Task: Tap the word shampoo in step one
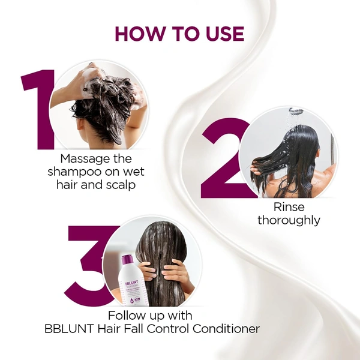(73, 172)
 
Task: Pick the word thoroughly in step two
(289, 221)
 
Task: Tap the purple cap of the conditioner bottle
(127, 259)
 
